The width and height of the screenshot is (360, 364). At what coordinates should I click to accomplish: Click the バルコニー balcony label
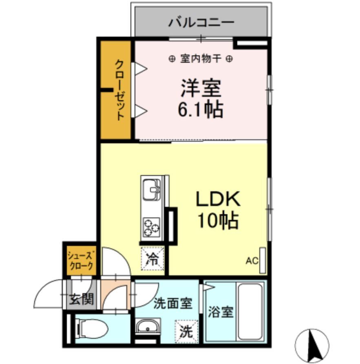tap(201, 21)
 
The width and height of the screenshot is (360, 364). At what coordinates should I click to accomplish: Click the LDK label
tap(219, 199)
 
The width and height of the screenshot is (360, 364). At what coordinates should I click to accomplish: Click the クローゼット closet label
tap(119, 90)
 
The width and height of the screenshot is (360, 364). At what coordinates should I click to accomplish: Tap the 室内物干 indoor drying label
tap(201, 59)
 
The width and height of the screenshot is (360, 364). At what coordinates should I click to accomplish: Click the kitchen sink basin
tap(152, 189)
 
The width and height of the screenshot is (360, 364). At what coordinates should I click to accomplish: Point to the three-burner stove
tap(151, 227)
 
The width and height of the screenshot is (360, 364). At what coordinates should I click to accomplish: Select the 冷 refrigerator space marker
tap(152, 259)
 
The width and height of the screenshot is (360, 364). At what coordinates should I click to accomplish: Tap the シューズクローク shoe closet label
tap(81, 260)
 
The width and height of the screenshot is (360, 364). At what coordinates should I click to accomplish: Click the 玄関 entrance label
tap(81, 300)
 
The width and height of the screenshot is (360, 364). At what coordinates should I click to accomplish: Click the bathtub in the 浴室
tap(250, 311)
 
